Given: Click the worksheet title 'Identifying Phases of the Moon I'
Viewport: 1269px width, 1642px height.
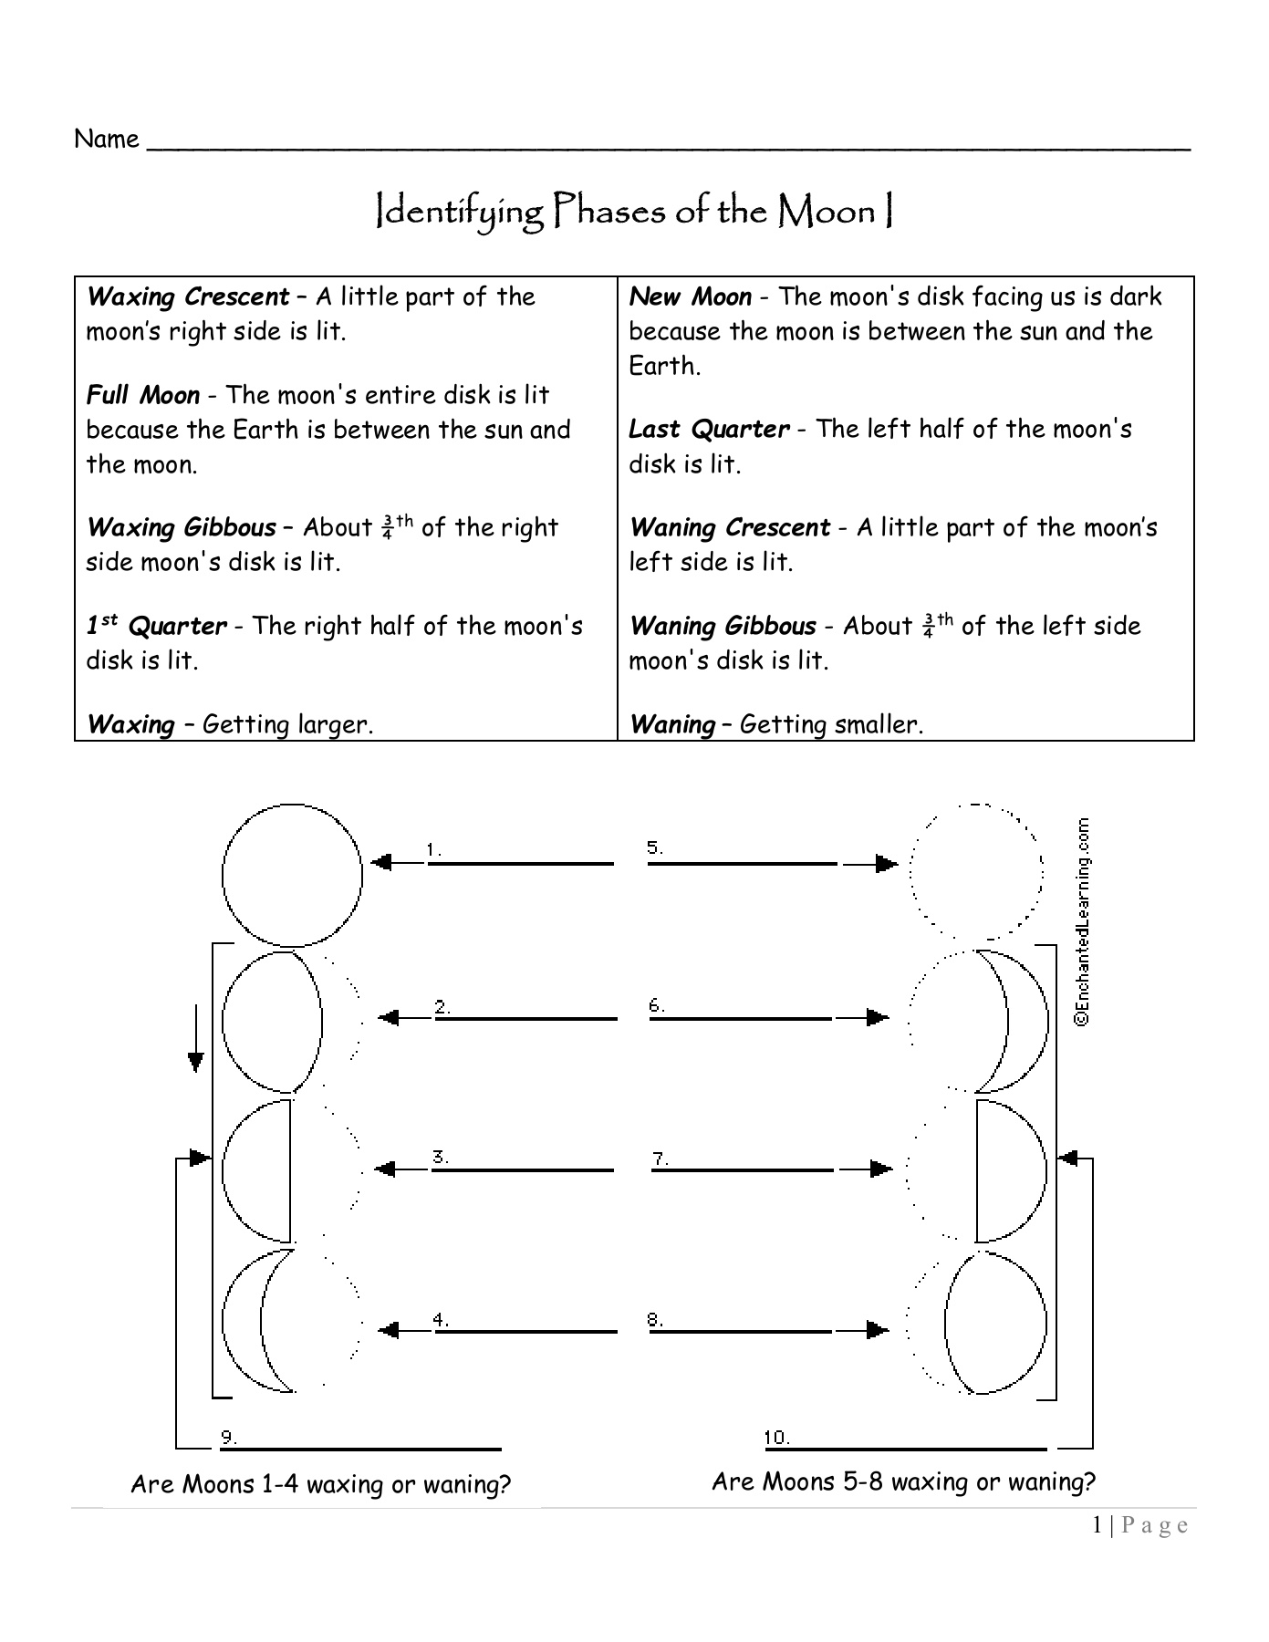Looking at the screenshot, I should point(634,212).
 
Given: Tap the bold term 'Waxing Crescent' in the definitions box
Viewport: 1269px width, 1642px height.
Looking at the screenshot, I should point(187,297).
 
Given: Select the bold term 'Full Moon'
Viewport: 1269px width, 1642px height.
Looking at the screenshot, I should point(142,396).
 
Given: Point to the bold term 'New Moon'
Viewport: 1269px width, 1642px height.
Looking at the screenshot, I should point(690,297).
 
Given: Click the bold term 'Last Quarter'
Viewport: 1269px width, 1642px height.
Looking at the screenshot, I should point(709,430).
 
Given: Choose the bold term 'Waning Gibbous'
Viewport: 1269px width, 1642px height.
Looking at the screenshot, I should point(723,627).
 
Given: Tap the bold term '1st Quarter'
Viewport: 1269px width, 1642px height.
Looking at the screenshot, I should point(156,627).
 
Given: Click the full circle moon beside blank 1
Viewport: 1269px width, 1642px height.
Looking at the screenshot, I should point(292,875).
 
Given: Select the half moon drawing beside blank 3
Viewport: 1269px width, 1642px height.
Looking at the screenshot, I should point(258,1170).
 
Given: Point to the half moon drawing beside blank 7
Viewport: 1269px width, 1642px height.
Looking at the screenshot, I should point(1010,1170).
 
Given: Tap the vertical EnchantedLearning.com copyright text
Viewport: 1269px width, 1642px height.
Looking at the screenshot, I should point(1082,922).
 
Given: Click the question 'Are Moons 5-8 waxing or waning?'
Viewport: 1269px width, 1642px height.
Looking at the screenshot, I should point(903,1481).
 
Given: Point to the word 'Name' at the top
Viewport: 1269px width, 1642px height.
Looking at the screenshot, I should point(107,140).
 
